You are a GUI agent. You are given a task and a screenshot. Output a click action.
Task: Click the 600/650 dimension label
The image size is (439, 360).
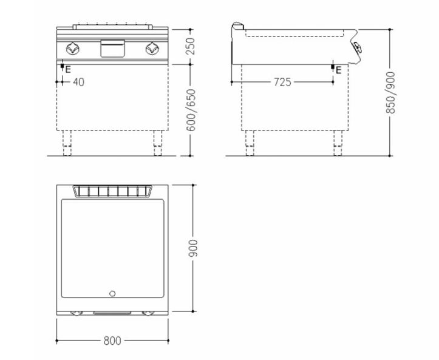coord(191,110)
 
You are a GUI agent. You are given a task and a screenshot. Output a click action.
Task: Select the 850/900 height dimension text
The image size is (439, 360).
coord(390,93)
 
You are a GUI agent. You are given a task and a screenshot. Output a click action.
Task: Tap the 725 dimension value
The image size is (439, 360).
coord(282,82)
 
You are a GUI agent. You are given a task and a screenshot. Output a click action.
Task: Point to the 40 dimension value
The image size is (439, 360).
coord(78,82)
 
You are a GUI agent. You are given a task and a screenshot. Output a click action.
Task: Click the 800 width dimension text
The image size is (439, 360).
coord(112,341)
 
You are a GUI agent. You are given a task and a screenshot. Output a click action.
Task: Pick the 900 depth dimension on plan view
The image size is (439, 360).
coord(193,248)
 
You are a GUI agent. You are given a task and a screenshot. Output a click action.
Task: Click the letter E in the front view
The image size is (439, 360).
coord(68,69)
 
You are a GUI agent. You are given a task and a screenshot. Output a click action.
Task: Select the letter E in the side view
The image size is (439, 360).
coord(338,70)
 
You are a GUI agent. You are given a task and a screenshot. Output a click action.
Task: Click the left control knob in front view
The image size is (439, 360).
coord(73,49)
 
